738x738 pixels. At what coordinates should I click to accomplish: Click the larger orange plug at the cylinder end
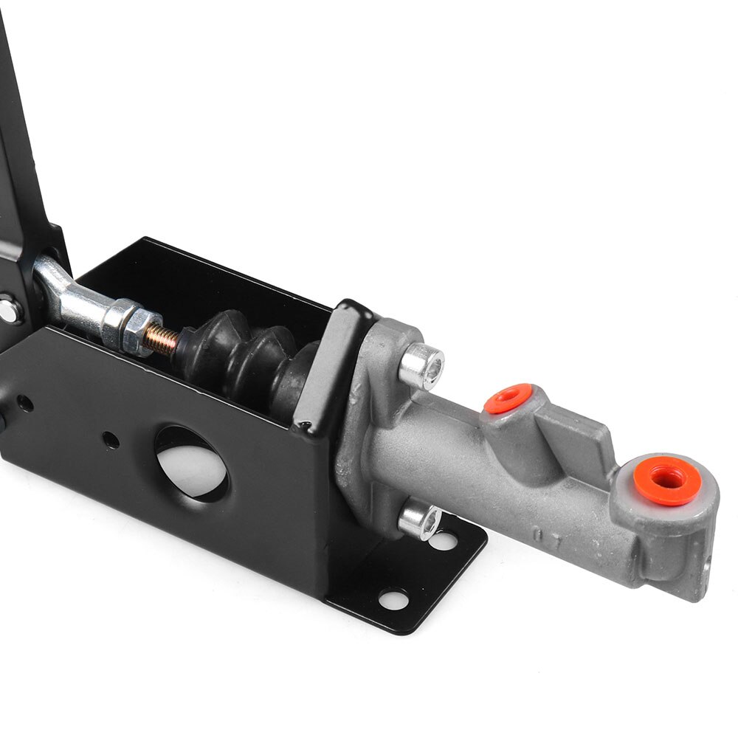[x=666, y=480]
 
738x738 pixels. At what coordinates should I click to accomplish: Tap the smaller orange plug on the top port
[x=508, y=399]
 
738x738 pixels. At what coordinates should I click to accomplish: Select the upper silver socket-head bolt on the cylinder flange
[x=423, y=367]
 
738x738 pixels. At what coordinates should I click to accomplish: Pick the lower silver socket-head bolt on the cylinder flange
[x=419, y=521]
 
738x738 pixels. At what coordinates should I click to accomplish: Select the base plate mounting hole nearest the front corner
[x=393, y=599]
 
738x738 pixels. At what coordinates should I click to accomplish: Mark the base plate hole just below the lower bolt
[x=443, y=542]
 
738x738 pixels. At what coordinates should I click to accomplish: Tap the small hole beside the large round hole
[x=111, y=441]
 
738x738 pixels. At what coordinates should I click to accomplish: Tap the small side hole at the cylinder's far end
[x=706, y=565]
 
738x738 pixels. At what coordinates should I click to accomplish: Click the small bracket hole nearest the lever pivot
[x=24, y=404]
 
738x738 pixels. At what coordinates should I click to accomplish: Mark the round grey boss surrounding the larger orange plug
[x=694, y=509]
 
